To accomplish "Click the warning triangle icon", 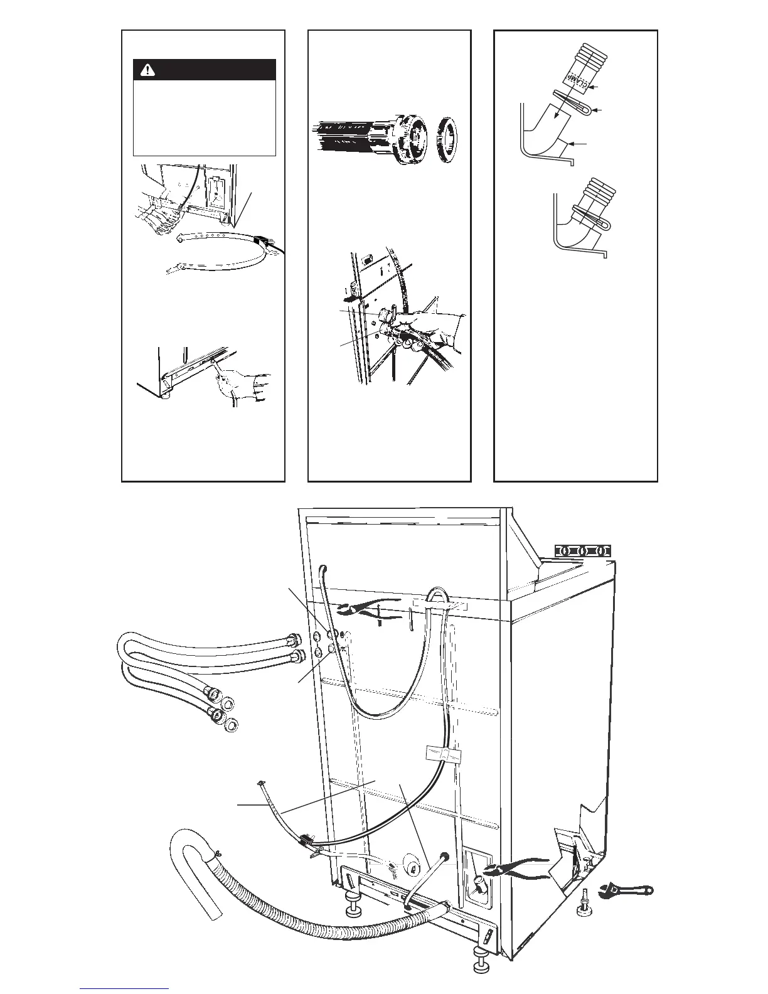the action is pos(149,70).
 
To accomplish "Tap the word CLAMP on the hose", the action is pos(579,80).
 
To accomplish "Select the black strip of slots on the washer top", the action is pos(582,551).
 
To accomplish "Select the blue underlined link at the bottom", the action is pos(124,990).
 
